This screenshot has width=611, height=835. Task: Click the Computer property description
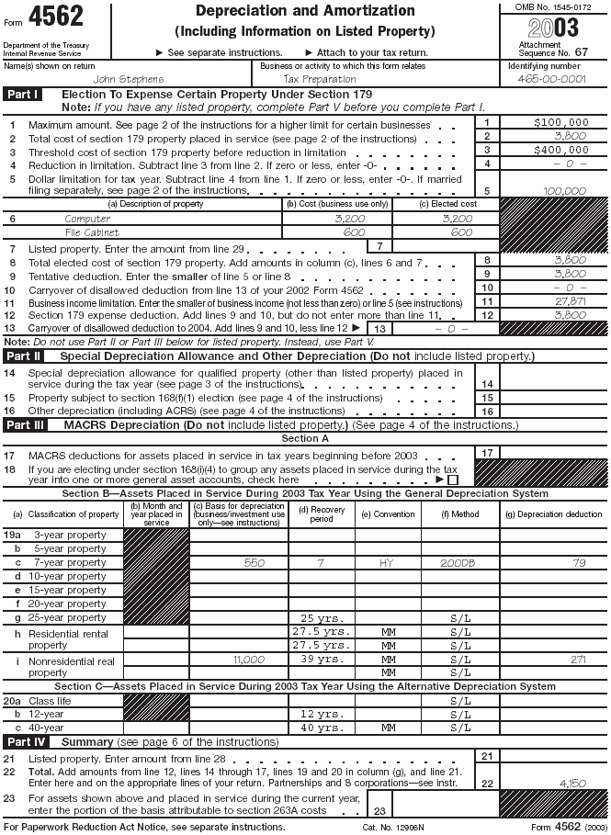click(x=87, y=219)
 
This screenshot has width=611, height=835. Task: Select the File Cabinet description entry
click(x=91, y=232)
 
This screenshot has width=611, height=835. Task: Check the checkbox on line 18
click(x=453, y=480)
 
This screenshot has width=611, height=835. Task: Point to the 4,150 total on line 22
click(x=571, y=783)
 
